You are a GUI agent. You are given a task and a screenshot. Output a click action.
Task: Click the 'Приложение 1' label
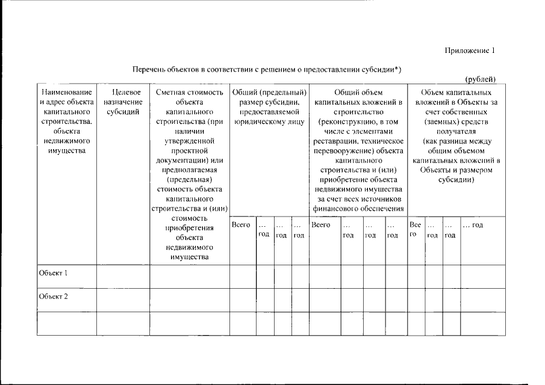click(470, 51)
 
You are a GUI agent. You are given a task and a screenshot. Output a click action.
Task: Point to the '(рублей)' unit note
click(481, 79)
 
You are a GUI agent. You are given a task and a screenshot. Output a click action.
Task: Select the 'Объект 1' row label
click(53, 273)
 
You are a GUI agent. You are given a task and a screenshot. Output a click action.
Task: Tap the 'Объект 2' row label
click(53, 296)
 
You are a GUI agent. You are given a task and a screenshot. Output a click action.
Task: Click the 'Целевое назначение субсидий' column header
click(122, 102)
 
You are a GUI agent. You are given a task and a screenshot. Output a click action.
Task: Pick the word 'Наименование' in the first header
click(66, 93)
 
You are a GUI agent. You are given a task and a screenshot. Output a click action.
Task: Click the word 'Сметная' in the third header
click(169, 93)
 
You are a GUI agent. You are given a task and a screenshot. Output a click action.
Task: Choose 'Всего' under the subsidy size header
click(241, 225)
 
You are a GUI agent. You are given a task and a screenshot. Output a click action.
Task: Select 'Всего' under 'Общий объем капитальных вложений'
click(321, 225)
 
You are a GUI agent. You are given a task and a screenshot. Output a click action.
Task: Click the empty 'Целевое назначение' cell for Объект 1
click(122, 276)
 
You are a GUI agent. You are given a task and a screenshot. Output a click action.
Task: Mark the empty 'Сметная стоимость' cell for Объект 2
click(189, 299)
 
